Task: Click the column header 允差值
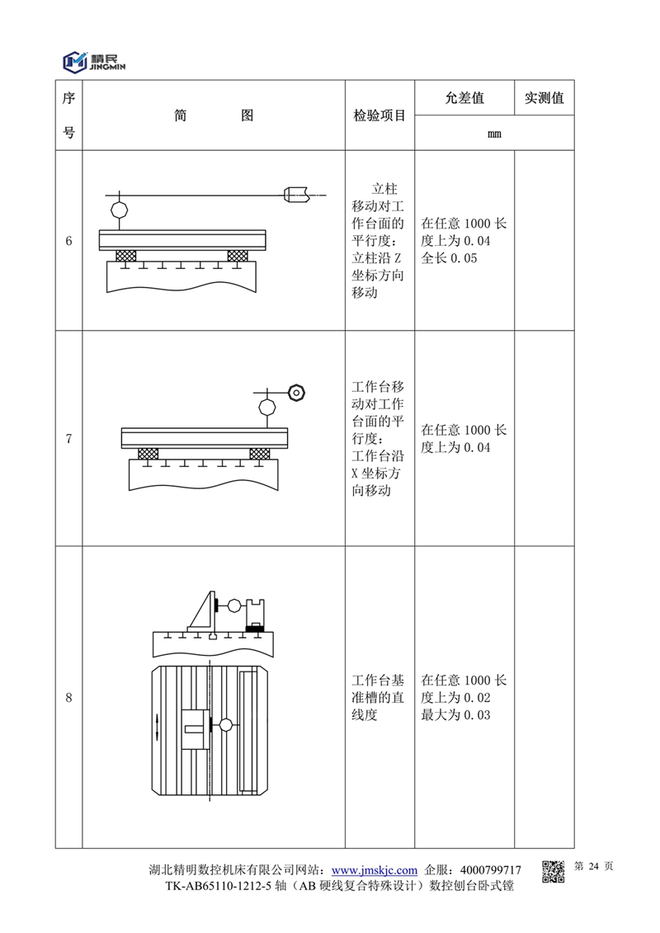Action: click(464, 98)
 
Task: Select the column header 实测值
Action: click(544, 98)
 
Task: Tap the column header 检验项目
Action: click(379, 116)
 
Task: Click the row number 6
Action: click(68, 241)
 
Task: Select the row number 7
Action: click(68, 439)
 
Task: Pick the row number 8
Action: click(68, 698)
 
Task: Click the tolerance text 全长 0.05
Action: click(449, 258)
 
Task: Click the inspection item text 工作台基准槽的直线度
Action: click(378, 698)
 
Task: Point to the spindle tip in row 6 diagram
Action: click(297, 195)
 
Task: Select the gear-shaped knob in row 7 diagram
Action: click(296, 390)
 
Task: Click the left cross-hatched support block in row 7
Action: click(148, 454)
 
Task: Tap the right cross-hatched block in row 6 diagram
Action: click(238, 257)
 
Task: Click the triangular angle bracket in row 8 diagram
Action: click(203, 615)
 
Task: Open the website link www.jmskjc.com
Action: click(374, 870)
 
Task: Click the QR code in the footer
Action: click(553, 871)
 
